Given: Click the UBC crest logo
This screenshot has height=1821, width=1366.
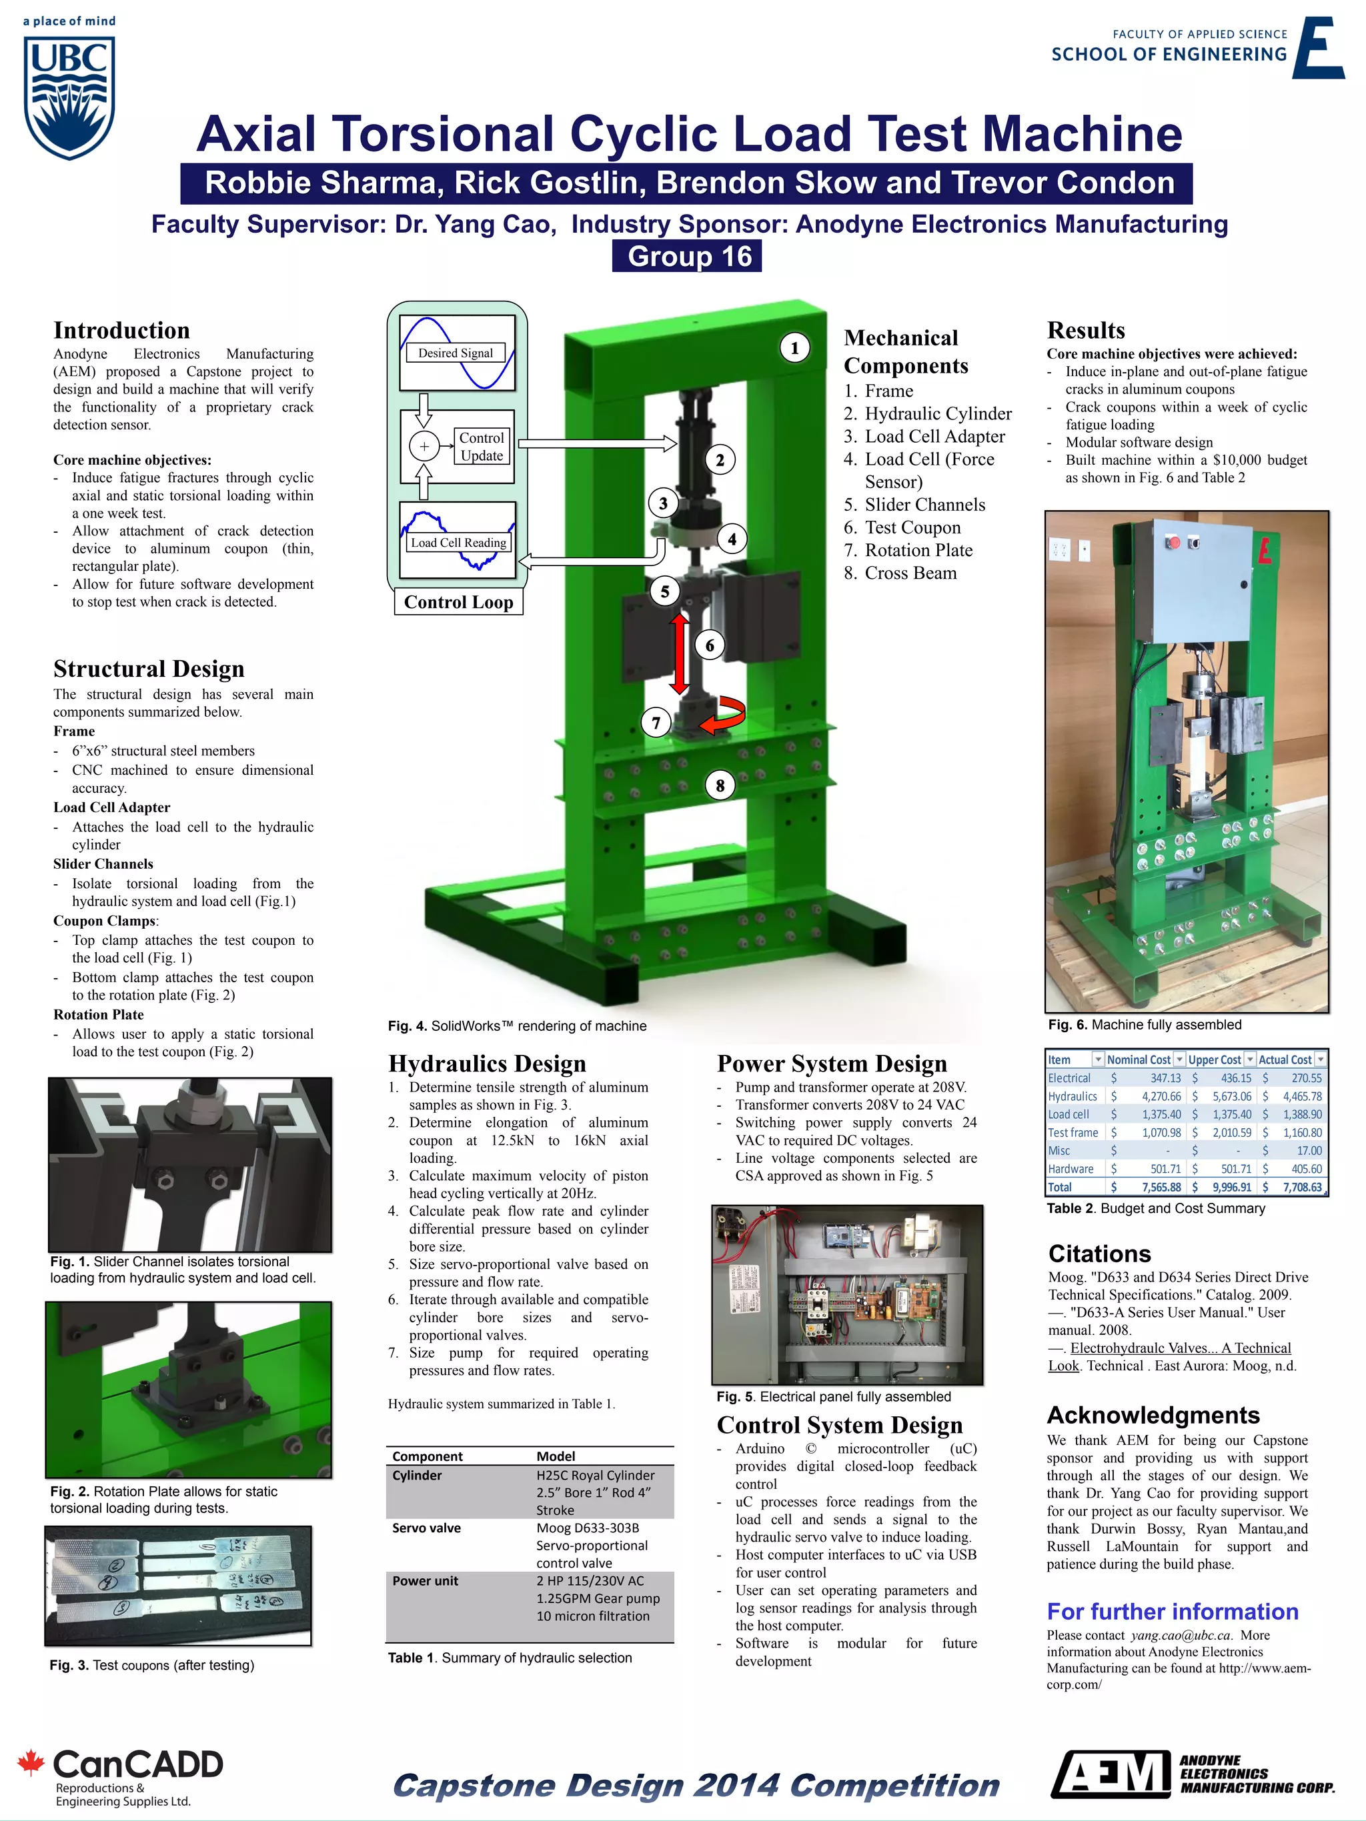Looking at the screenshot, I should click(69, 97).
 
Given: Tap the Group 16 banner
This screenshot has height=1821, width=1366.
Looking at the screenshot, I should click(687, 257).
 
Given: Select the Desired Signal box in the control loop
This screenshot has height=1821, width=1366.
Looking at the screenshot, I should click(456, 353).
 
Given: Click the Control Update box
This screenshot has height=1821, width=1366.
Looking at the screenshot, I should click(482, 447).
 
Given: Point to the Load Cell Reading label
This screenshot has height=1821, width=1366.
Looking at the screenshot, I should click(459, 543).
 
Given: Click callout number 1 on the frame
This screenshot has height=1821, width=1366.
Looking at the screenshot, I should click(794, 348).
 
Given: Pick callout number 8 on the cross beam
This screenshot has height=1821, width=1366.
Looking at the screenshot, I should click(720, 785).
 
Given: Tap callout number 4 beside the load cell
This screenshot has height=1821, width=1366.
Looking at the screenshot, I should click(731, 540).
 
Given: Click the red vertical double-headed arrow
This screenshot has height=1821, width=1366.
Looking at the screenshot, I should click(679, 655).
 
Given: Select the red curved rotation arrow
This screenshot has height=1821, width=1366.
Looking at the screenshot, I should click(724, 713).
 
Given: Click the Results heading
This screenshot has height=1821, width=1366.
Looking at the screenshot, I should click(1085, 331).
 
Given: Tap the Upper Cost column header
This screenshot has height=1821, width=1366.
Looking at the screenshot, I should click(1215, 1060).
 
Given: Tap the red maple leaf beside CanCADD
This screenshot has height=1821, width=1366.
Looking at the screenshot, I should click(31, 1762).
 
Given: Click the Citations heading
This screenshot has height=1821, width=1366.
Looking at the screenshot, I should click(1099, 1254).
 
